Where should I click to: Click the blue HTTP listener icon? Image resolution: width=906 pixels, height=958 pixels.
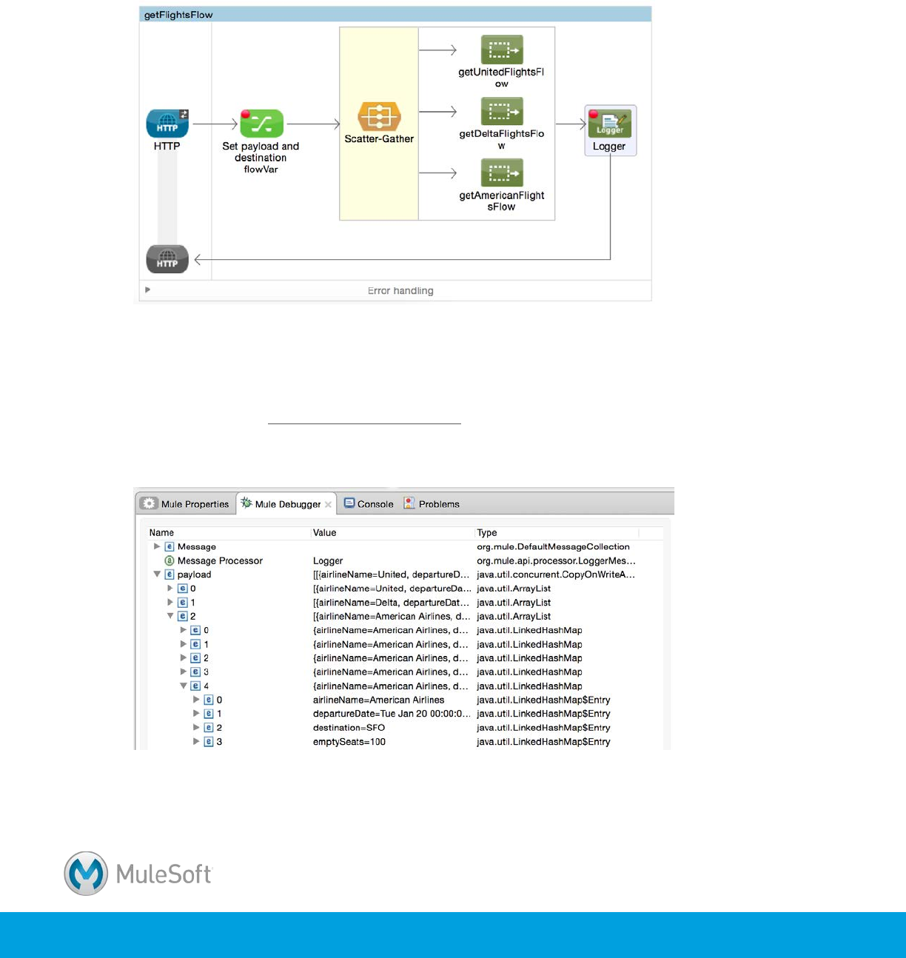tap(167, 124)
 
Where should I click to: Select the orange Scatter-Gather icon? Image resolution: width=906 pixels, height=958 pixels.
tap(379, 117)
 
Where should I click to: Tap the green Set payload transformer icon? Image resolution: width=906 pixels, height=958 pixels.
tap(261, 124)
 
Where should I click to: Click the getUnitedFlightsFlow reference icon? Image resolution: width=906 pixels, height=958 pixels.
tap(501, 50)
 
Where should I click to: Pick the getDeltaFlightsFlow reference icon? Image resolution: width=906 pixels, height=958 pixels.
tap(501, 112)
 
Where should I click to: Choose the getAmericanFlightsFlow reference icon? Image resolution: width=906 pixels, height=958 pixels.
tap(501, 173)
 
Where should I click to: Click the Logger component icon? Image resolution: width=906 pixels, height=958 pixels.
tap(610, 124)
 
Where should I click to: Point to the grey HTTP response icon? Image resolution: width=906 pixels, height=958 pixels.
tap(167, 260)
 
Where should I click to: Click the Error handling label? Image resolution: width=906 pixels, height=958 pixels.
tap(400, 291)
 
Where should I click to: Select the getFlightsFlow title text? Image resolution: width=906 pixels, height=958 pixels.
tap(178, 15)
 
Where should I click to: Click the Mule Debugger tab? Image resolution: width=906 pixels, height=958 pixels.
tap(287, 504)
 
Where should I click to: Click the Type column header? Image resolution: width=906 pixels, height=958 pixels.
tap(487, 533)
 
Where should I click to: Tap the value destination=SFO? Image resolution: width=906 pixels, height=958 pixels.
tap(349, 728)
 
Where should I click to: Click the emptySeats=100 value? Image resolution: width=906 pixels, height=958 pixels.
tap(349, 742)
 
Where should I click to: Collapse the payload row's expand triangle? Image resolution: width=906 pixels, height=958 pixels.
tap(157, 575)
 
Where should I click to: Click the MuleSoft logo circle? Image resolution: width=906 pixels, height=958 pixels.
tap(86, 874)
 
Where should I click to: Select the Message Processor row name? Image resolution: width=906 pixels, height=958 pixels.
tap(220, 561)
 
